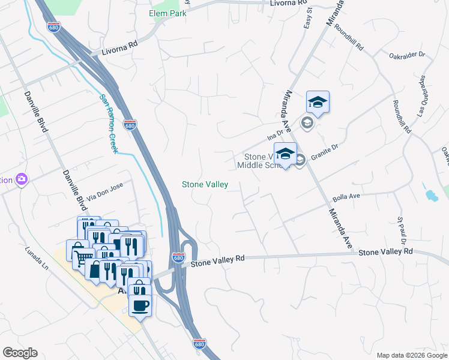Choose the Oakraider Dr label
pos(407,55)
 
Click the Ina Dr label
pos(275,136)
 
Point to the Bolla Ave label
pos(346,197)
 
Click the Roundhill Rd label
pos(349,37)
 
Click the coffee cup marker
pos(140,305)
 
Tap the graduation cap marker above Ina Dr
pos(318,103)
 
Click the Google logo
pos(20,353)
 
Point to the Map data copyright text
pos(411,355)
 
